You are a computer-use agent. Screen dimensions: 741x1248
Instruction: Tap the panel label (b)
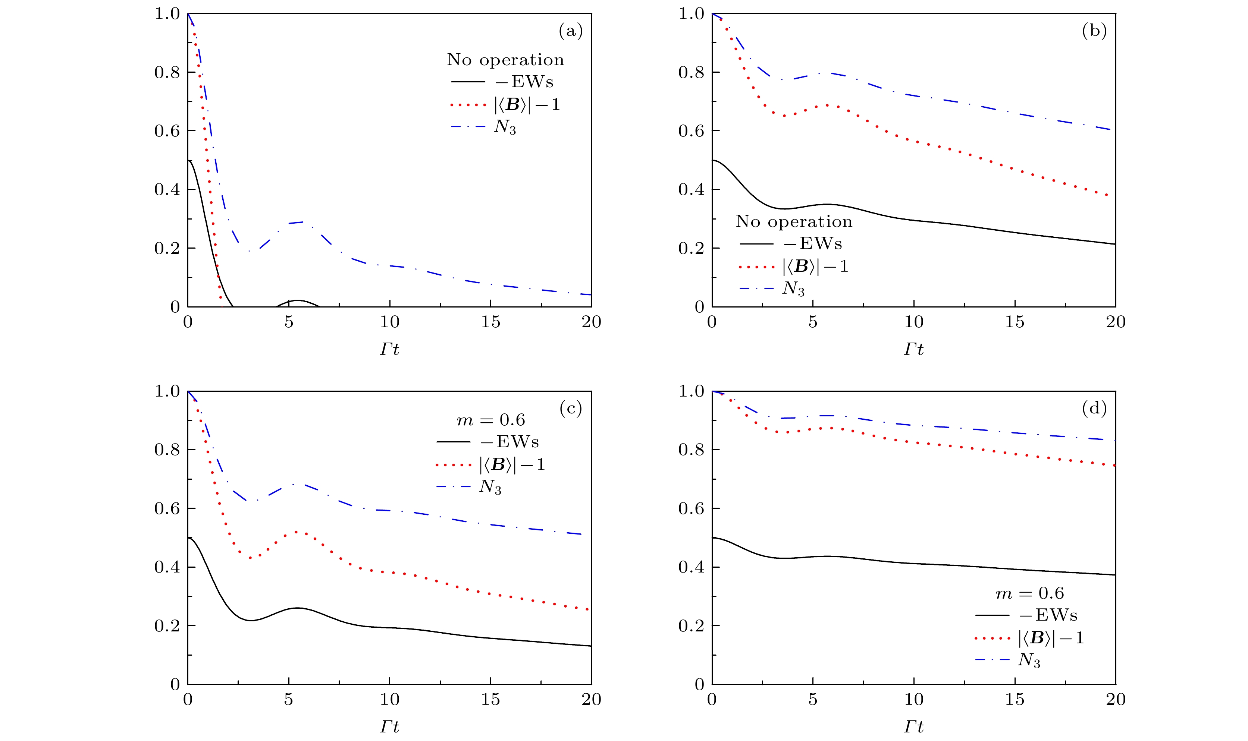coord(1094,31)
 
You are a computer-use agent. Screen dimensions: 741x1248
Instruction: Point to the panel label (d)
coord(1094,409)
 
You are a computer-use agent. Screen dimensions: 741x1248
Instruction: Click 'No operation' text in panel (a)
coord(505,60)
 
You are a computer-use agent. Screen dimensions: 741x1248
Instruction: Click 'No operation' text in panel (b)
coord(793,222)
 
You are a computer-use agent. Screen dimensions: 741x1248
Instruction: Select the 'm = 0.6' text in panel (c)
coord(490,420)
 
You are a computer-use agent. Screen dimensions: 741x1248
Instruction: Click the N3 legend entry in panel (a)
coord(505,127)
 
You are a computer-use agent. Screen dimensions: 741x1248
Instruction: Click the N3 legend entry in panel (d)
coord(1029,660)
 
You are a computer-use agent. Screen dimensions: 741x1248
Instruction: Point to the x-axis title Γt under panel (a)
coord(389,349)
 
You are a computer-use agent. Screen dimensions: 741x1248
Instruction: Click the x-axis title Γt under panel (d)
coord(913,726)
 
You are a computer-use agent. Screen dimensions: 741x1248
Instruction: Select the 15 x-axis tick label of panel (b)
coord(1014,322)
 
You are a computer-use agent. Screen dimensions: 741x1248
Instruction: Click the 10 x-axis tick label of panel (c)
coord(389,700)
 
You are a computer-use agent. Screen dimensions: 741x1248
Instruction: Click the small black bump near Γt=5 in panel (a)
coord(298,301)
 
